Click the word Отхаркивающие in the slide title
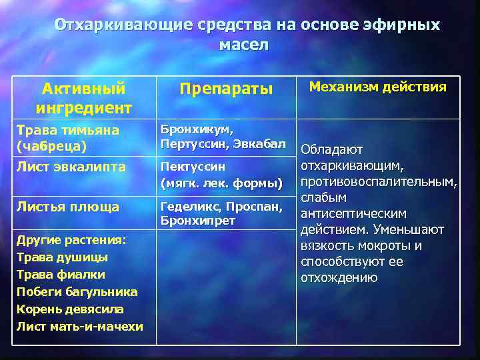point(123,25)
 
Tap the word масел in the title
point(244,45)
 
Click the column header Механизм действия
point(377,87)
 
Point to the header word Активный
point(83,88)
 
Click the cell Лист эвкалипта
point(70,167)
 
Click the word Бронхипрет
point(197,221)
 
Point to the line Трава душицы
point(61,257)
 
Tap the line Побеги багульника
point(76,291)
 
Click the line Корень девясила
point(70,309)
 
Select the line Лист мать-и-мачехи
point(79,326)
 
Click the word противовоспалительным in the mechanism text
point(378,182)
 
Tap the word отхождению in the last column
point(339,277)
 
